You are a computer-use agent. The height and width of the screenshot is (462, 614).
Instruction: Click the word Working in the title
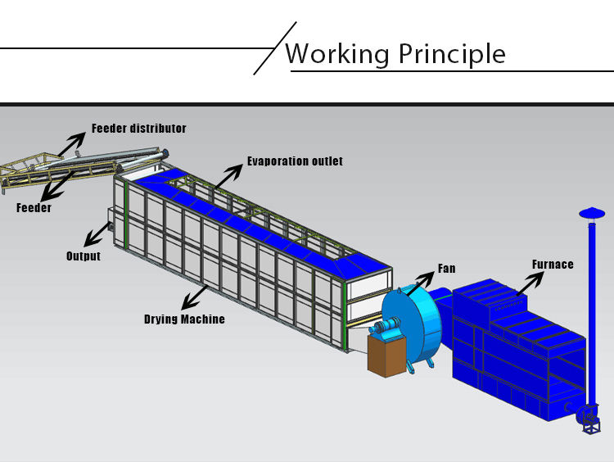pyautogui.click(x=337, y=54)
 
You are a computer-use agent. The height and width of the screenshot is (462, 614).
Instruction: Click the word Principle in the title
pyautogui.click(x=451, y=54)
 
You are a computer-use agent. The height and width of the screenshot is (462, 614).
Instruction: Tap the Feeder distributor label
pyautogui.click(x=138, y=129)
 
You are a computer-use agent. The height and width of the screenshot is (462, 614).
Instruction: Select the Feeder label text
pyautogui.click(x=34, y=208)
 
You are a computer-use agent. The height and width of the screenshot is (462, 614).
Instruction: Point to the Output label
pyautogui.click(x=84, y=256)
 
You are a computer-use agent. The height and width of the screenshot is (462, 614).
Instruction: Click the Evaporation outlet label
pyautogui.click(x=295, y=161)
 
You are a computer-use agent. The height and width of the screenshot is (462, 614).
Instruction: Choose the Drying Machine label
pyautogui.click(x=184, y=319)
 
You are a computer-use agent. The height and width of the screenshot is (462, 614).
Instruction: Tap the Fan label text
pyautogui.click(x=446, y=269)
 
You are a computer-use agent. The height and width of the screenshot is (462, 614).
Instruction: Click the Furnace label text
pyautogui.click(x=553, y=265)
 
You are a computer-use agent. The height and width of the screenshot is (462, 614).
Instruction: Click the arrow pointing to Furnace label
pyautogui.click(x=529, y=283)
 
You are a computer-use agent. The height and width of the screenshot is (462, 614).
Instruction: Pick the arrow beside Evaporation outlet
pyautogui.click(x=229, y=175)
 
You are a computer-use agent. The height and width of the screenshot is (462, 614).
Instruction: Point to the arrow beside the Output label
pyautogui.click(x=99, y=234)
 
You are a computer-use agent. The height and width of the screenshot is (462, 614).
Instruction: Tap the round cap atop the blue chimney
pyautogui.click(x=591, y=213)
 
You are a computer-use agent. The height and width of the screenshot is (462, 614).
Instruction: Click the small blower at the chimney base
pyautogui.click(x=589, y=415)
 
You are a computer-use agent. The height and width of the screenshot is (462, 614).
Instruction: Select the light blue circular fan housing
pyautogui.click(x=413, y=328)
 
